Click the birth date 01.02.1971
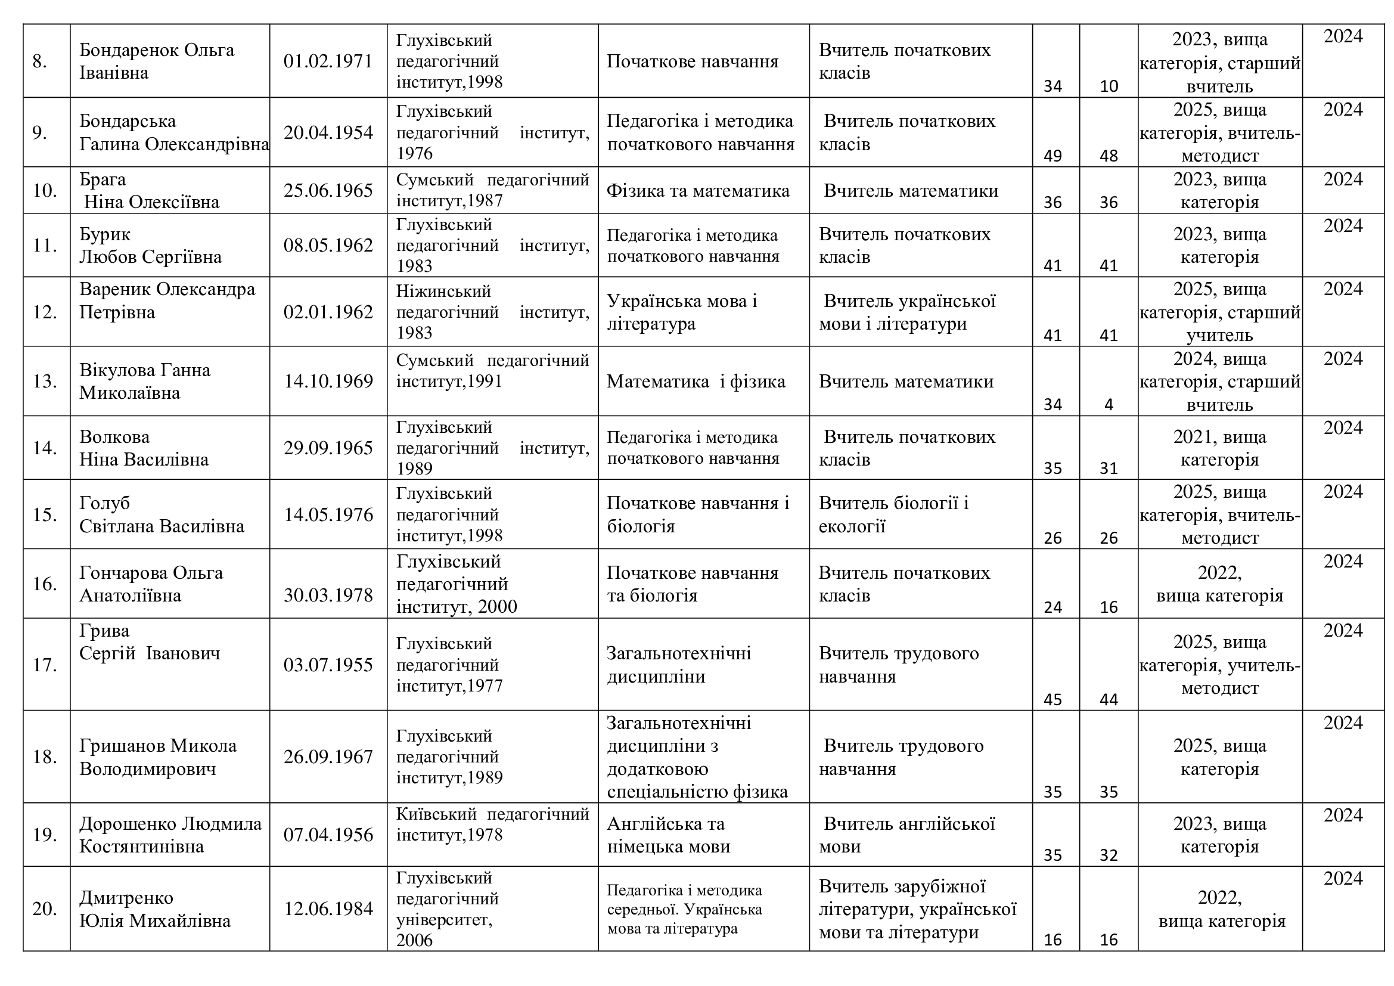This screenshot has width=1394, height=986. [328, 61]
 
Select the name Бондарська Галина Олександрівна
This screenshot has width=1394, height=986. [173, 132]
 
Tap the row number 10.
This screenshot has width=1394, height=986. [44, 191]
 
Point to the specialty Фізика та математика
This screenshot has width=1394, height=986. [698, 191]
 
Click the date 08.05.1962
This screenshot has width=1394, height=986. [328, 245]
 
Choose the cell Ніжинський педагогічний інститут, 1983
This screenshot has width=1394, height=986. [492, 312]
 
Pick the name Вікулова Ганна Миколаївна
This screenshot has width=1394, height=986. [144, 382]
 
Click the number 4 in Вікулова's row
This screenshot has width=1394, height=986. [1108, 404]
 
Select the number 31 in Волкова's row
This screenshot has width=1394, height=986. [1108, 468]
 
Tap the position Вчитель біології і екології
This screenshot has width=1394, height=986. [893, 514]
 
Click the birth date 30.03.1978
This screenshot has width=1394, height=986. [328, 595]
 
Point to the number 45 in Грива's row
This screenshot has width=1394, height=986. [1052, 699]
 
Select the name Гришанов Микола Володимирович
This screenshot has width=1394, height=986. [158, 757]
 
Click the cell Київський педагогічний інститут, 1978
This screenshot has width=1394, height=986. [492, 824]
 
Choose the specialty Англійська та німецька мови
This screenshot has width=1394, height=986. [668, 835]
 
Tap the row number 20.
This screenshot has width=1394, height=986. [44, 909]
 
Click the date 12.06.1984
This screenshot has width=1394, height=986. [328, 909]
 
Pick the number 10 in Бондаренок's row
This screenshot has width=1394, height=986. [1108, 86]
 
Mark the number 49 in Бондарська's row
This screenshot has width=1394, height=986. [1052, 156]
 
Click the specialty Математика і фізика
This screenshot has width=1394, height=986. [695, 382]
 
